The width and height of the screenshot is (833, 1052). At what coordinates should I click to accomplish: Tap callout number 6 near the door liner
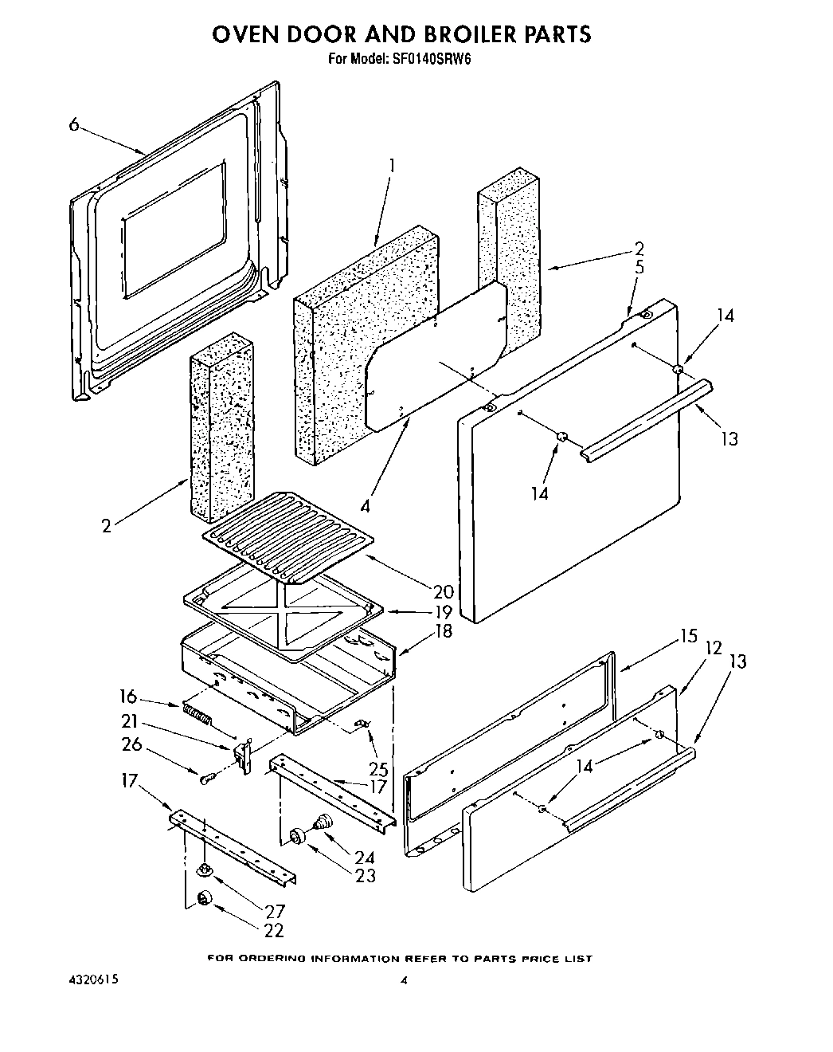[74, 124]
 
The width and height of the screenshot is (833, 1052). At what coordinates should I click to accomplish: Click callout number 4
[365, 504]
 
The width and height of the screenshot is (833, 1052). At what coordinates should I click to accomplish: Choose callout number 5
[639, 267]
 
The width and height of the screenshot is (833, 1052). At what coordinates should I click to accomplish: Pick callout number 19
[443, 612]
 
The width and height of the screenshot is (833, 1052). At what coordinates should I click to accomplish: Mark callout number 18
[443, 631]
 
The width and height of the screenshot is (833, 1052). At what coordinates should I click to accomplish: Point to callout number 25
[377, 769]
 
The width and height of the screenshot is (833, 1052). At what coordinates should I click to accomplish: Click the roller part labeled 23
[298, 835]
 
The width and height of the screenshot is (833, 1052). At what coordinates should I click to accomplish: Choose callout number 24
[364, 858]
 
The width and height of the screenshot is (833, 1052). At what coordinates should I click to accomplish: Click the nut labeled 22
[205, 900]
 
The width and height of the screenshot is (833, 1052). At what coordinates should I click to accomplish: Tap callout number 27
[274, 911]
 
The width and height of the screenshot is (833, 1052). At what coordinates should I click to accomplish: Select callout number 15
[688, 637]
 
